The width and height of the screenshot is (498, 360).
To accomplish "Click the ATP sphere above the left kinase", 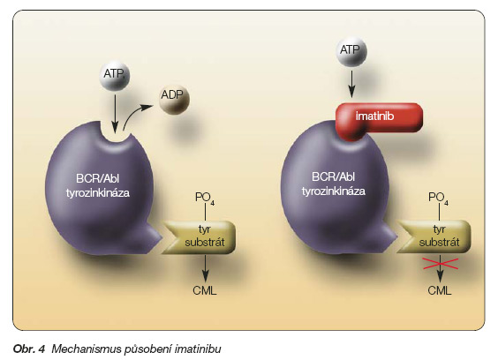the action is point(114,76).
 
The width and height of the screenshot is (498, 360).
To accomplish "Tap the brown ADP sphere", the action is point(174,99).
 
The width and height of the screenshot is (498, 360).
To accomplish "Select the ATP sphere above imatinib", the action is point(351,51).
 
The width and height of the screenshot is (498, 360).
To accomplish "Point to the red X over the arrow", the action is point(441,264).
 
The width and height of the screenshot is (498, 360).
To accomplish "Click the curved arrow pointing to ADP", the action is point(135,114).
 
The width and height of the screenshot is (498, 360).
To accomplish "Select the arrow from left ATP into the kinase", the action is point(115,113).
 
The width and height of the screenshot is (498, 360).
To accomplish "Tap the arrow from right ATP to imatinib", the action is point(351,84).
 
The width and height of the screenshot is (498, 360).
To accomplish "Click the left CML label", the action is point(205,290).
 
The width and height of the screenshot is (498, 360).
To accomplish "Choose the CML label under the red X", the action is point(440,290).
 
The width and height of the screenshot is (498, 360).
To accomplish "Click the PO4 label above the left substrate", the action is point(205,199).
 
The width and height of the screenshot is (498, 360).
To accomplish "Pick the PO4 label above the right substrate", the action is point(438,199).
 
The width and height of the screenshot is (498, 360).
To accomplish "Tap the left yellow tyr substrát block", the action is point(201,237).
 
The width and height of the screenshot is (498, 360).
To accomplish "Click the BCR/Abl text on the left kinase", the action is point(97,178).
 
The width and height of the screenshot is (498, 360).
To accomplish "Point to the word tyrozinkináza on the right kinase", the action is point(334,191).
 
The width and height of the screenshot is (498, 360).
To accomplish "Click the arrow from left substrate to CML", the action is point(205,268).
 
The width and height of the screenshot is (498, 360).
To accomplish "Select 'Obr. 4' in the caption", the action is point(29,349).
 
